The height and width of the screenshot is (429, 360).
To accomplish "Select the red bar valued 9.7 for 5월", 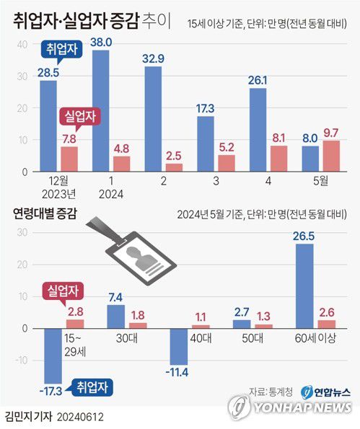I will point(332,156).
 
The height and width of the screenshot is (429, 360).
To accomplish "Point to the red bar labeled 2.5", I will point(174,167).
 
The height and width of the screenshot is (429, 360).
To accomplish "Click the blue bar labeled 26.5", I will point(304,286).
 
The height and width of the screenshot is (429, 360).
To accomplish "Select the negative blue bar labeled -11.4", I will point(179,346).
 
